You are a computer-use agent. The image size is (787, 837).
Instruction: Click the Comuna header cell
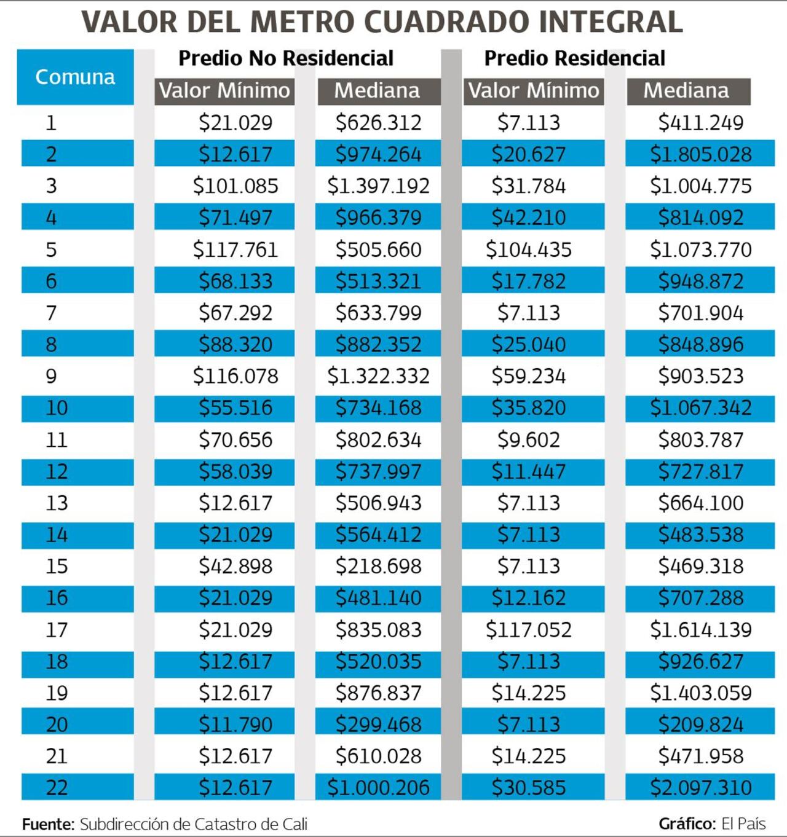click(75, 77)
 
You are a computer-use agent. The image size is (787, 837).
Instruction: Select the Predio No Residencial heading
click(286, 58)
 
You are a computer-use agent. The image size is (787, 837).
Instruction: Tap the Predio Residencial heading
click(574, 58)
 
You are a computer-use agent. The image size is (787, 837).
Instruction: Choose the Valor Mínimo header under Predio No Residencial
click(224, 91)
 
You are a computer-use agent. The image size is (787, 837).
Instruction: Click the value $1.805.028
click(700, 154)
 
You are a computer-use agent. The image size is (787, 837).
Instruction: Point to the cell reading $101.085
click(235, 186)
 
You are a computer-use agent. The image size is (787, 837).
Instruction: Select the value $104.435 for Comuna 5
click(528, 250)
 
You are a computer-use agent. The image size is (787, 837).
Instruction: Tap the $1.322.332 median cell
click(378, 376)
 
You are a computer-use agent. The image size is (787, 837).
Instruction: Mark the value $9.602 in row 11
click(528, 440)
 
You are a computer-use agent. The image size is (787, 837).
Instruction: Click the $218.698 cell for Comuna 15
click(378, 566)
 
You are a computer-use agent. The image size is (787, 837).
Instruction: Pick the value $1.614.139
click(700, 630)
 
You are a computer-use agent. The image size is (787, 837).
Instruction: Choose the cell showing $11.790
click(235, 725)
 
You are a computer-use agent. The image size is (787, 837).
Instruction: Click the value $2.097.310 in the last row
click(700, 788)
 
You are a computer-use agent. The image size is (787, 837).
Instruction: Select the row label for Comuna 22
click(57, 788)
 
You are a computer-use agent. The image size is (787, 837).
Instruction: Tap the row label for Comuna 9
click(51, 376)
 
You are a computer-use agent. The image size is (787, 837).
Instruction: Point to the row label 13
click(57, 503)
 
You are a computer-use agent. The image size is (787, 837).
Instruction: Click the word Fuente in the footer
click(48, 824)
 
